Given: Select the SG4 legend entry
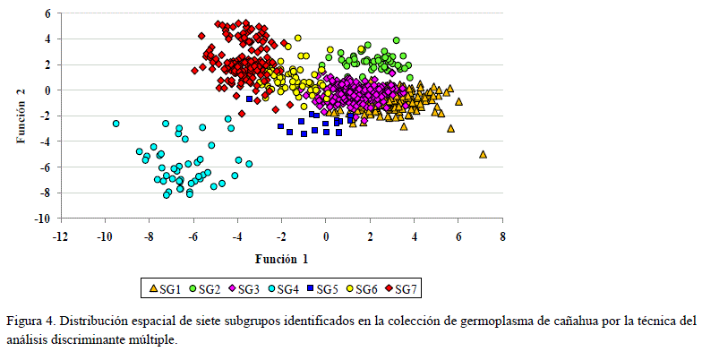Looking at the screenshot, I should [282, 288].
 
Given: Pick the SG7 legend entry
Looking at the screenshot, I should [400, 288].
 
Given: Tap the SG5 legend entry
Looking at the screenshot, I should [321, 288].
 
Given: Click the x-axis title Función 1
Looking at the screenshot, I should [282, 259].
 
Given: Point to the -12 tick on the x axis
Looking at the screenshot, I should [60, 236].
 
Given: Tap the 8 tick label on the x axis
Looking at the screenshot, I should [502, 236].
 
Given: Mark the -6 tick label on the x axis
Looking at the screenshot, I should [193, 236].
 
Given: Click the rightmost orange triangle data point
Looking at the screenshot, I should [483, 154].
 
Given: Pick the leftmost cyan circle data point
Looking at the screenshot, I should [116, 124].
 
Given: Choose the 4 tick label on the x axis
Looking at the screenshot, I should [414, 236].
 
